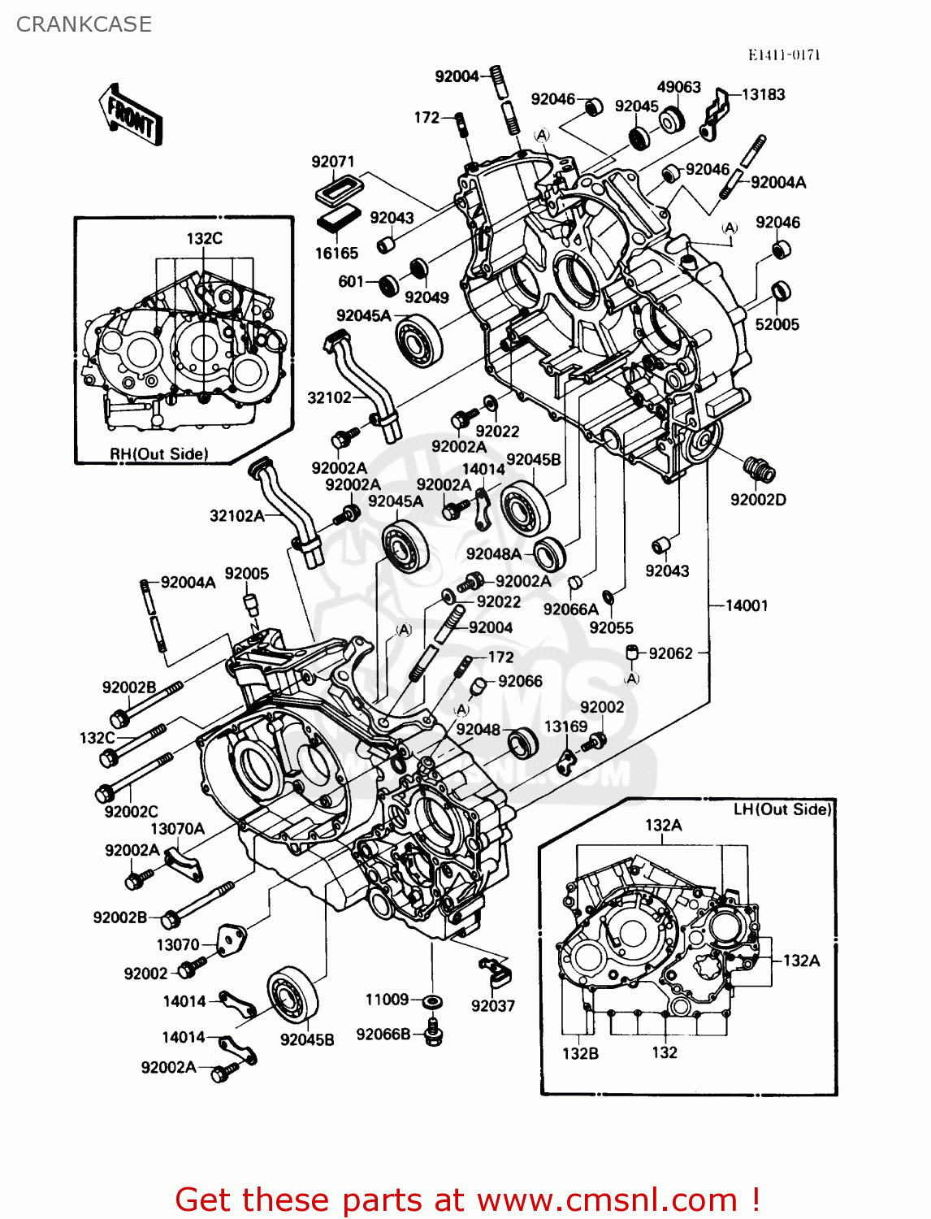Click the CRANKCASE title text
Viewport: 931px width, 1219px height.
click(84, 24)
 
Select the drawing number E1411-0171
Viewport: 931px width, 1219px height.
click(784, 54)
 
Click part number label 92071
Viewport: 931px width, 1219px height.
click(333, 162)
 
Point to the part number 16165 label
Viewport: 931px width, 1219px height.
click(336, 253)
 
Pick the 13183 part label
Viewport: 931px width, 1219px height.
click(763, 94)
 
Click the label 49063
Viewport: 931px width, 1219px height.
click(678, 87)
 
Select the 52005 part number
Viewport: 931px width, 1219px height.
click(777, 324)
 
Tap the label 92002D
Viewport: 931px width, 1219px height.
click(758, 500)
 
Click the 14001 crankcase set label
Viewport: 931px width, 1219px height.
click(746, 605)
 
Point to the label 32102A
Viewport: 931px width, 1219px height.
click(236, 515)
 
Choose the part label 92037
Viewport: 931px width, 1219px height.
click(493, 1005)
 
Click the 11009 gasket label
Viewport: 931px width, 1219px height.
click(387, 1000)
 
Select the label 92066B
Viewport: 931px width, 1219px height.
click(383, 1035)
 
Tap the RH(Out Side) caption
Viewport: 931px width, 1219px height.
click(159, 453)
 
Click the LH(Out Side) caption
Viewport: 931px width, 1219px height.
click(782, 809)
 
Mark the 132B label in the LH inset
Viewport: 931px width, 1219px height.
click(580, 1053)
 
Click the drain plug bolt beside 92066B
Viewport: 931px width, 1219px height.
click(433, 1031)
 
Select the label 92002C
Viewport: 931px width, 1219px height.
click(131, 811)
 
